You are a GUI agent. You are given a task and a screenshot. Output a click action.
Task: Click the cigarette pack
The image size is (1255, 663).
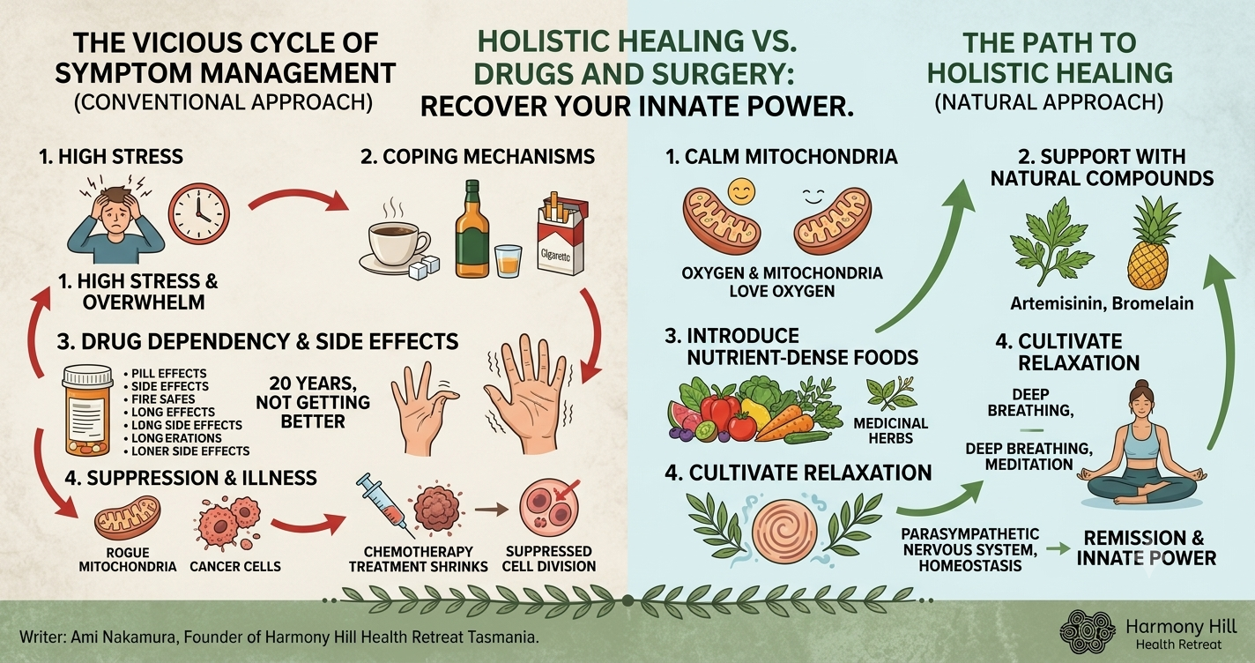pyautogui.click(x=562, y=235)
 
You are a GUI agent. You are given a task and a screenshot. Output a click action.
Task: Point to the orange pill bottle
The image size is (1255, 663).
pyautogui.click(x=88, y=410)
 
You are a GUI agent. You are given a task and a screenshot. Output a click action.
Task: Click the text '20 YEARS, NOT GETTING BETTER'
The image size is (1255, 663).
pyautogui.click(x=313, y=402)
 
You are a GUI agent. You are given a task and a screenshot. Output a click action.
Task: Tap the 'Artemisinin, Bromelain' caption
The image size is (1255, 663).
pyautogui.click(x=1102, y=304)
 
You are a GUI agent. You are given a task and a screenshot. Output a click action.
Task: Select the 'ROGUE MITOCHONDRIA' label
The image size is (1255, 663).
pyautogui.click(x=128, y=560)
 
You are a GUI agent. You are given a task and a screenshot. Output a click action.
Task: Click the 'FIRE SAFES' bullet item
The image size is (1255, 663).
pyautogui.click(x=160, y=399)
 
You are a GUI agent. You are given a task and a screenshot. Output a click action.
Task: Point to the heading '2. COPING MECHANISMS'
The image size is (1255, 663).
pyautogui.click(x=478, y=156)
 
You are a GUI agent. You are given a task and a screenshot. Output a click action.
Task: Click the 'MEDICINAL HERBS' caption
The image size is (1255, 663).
pyautogui.click(x=890, y=431)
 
